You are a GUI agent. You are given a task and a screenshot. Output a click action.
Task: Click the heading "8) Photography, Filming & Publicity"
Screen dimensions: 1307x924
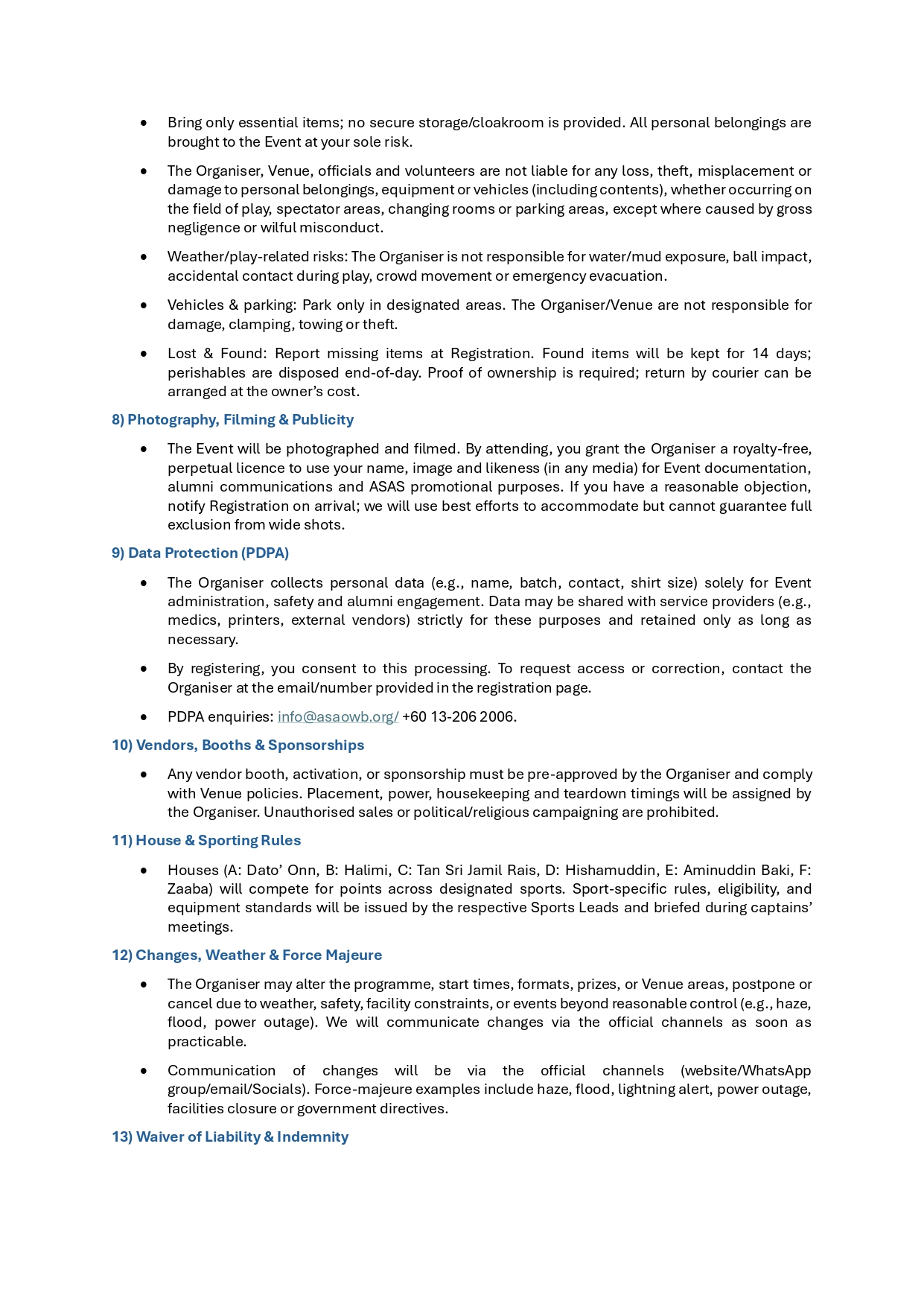click(x=232, y=420)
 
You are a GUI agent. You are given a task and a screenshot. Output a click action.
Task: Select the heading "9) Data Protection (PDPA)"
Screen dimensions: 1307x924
click(x=200, y=553)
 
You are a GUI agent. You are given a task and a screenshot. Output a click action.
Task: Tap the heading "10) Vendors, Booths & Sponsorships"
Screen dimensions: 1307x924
click(x=238, y=745)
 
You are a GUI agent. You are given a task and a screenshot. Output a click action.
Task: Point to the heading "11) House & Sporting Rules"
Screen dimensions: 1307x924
click(x=206, y=841)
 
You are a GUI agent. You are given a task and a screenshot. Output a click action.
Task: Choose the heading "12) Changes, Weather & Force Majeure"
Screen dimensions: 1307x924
click(x=246, y=955)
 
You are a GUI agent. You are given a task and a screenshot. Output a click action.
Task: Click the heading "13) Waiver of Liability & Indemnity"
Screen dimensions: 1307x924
click(x=230, y=1137)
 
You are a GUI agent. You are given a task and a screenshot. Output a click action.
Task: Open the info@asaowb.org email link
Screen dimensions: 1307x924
click(x=338, y=717)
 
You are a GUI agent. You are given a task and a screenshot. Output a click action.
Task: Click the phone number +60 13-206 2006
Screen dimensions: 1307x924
click(x=459, y=717)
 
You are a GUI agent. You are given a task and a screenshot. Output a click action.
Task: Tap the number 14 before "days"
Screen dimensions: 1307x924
click(x=760, y=354)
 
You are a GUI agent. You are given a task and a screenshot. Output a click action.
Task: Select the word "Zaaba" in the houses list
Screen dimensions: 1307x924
click(x=190, y=889)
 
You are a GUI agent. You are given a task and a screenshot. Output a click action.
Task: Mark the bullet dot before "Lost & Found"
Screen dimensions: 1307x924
click(x=144, y=354)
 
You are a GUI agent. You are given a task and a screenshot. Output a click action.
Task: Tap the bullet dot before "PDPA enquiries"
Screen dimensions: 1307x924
click(x=144, y=717)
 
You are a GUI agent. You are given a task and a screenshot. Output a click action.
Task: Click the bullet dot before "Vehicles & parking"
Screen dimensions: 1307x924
click(x=144, y=305)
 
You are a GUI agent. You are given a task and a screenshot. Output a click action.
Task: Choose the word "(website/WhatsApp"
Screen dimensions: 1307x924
click(x=745, y=1071)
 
